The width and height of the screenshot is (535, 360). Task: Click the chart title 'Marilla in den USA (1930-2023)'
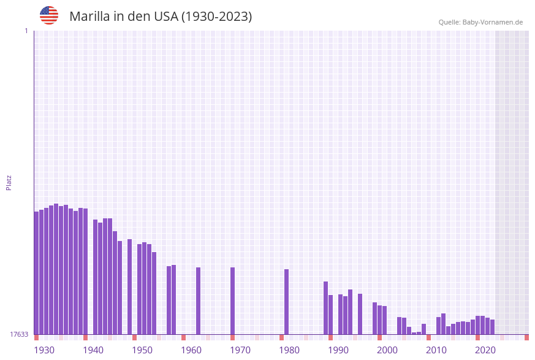tap(161, 17)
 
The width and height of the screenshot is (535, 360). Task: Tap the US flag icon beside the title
tap(49, 15)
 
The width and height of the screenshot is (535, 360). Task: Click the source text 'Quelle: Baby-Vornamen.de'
tap(480, 22)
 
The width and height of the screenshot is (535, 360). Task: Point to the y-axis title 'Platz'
tap(9, 182)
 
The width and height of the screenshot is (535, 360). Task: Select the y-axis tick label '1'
tap(26, 31)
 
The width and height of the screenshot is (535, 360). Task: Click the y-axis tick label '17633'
tap(18, 334)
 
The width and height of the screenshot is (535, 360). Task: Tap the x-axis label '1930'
tap(44, 350)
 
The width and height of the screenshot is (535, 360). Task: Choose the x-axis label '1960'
tap(191, 350)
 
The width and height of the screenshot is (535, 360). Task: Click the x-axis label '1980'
tap(289, 350)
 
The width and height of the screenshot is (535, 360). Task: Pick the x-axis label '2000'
tap(387, 350)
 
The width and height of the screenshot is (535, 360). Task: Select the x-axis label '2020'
tap(485, 350)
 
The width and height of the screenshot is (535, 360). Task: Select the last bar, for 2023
tap(492, 327)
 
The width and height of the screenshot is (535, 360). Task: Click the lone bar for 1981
tap(286, 302)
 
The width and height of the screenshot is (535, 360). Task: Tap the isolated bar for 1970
tap(232, 301)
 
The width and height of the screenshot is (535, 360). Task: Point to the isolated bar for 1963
tap(198, 301)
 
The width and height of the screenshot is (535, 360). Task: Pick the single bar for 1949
tap(129, 286)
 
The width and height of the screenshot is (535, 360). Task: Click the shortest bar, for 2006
tap(414, 333)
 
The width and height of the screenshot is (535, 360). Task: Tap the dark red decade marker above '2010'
tap(428, 337)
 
